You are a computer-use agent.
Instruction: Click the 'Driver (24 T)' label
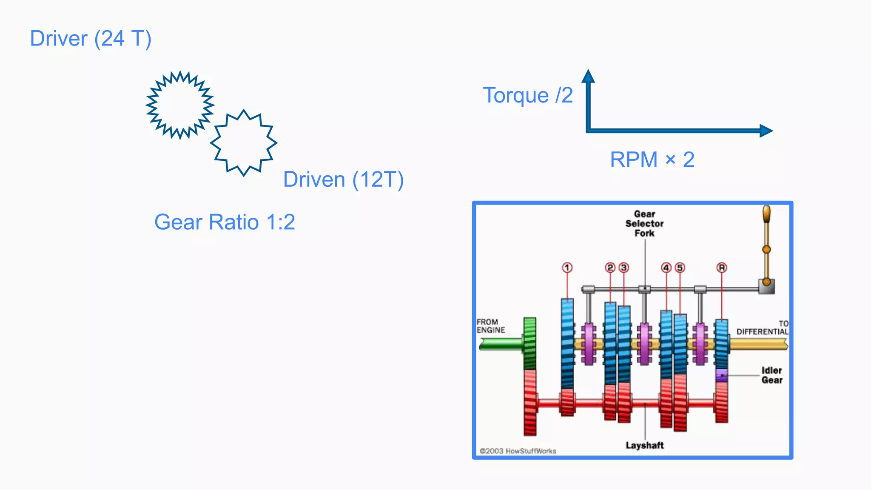tap(91, 39)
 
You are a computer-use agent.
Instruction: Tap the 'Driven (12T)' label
tap(343, 179)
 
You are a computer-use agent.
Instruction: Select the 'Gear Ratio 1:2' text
tap(225, 222)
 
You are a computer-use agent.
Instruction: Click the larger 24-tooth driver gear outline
tap(180, 105)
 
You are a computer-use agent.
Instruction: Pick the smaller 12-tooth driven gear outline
tap(243, 143)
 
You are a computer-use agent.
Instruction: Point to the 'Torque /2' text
tap(528, 95)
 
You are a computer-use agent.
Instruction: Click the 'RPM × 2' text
tap(652, 160)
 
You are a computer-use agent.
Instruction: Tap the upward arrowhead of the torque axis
tap(588, 76)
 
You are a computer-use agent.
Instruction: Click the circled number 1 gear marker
tap(567, 268)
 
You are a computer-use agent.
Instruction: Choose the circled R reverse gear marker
tap(722, 268)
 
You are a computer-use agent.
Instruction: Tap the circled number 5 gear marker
tap(680, 268)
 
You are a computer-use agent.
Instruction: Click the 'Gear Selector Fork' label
tap(644, 224)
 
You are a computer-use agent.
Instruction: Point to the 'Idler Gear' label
tap(771, 375)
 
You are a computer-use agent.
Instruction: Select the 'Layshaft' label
tap(644, 445)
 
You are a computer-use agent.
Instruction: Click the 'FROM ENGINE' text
tap(491, 326)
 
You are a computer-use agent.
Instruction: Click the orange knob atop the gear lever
tap(766, 214)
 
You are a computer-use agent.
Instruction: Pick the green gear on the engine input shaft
tap(529, 343)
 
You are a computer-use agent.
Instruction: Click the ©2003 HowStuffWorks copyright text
tap(518, 451)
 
